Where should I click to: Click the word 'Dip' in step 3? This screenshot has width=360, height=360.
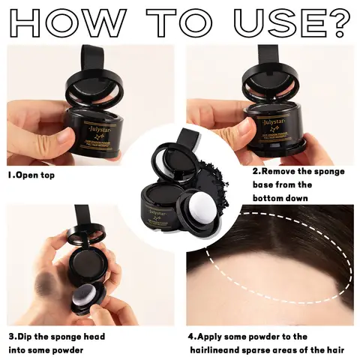pyautogui.click(x=30, y=337)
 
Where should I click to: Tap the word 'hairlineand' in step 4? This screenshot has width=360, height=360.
pyautogui.click(x=218, y=349)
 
